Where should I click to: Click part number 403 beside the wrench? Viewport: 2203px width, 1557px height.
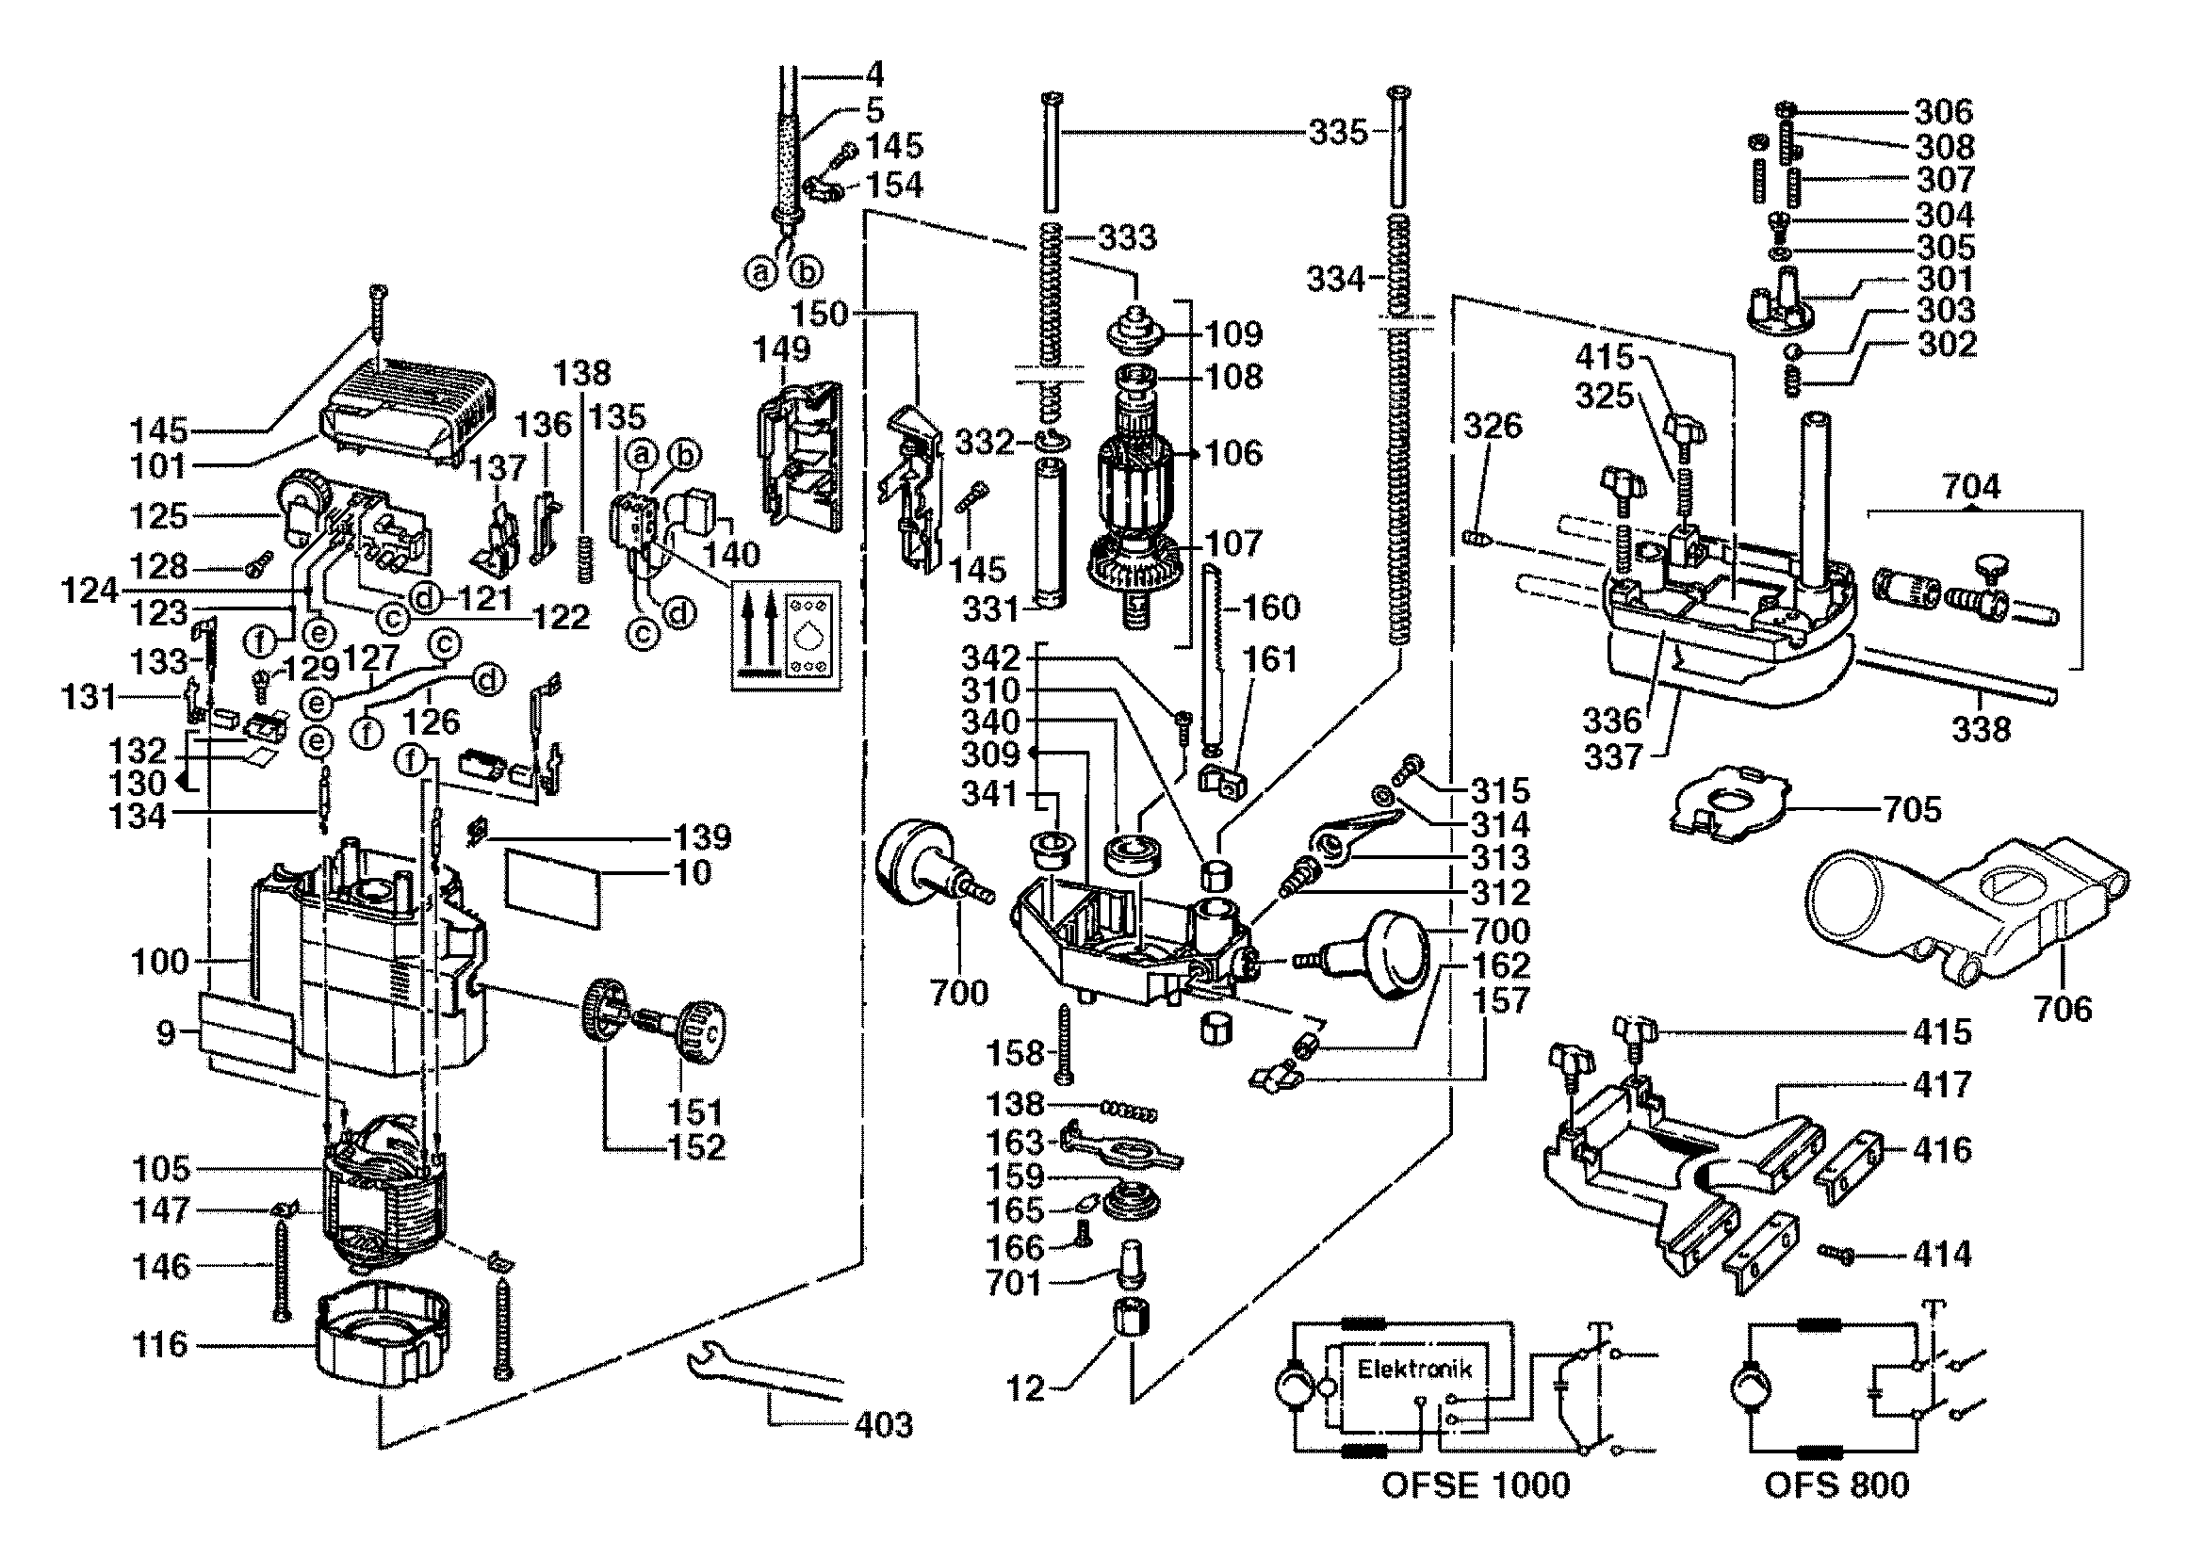click(x=883, y=1424)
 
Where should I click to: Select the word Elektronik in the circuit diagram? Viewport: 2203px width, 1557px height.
click(x=1413, y=1369)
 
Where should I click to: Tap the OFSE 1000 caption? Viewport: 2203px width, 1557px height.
click(x=1475, y=1486)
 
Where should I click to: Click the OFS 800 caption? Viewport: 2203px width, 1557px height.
click(x=1836, y=1486)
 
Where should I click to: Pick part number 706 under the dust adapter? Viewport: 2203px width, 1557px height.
click(x=2063, y=1008)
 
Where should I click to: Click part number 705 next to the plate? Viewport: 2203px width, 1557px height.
click(x=1912, y=810)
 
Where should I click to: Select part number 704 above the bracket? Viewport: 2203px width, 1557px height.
click(x=1972, y=487)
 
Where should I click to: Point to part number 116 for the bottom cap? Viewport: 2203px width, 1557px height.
click(x=160, y=1345)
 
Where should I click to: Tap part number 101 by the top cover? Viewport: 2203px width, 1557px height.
click(x=157, y=467)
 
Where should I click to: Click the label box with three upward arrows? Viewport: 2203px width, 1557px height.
click(x=786, y=634)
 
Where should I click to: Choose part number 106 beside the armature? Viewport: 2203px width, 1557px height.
click(x=1234, y=453)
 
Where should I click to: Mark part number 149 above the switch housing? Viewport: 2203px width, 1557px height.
click(x=782, y=349)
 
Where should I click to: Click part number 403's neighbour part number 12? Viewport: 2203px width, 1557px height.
click(x=1025, y=1388)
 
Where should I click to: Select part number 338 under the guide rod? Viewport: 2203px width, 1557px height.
click(x=1981, y=730)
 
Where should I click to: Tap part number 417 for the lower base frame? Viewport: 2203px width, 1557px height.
click(x=1942, y=1085)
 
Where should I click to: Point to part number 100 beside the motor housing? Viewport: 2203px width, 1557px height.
click(x=160, y=962)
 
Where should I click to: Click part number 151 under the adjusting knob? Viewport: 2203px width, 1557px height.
click(x=694, y=1112)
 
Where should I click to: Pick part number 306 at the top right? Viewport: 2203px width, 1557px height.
click(x=1944, y=112)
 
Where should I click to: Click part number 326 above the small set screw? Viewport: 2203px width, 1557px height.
click(x=1493, y=425)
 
